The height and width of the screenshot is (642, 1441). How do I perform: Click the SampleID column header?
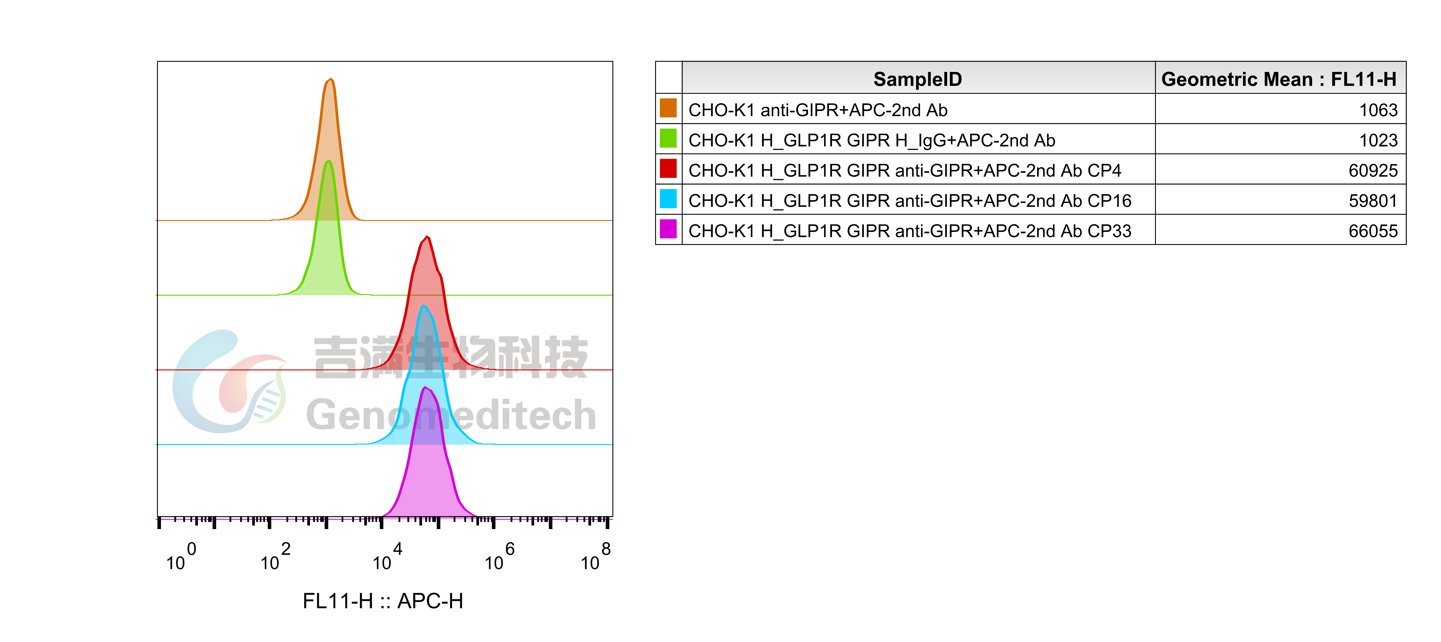[x=917, y=79]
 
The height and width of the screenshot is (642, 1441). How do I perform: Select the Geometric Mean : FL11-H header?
[x=1279, y=79]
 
